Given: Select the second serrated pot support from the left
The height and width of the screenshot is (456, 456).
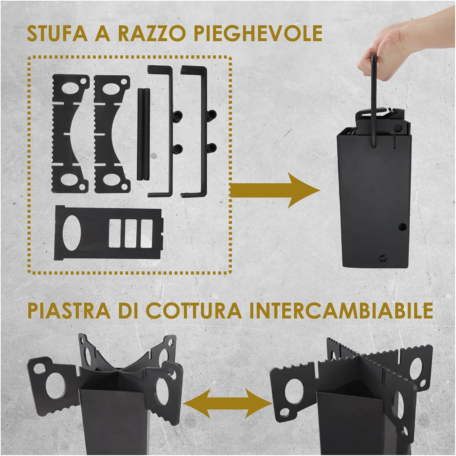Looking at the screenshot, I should (109, 134).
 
